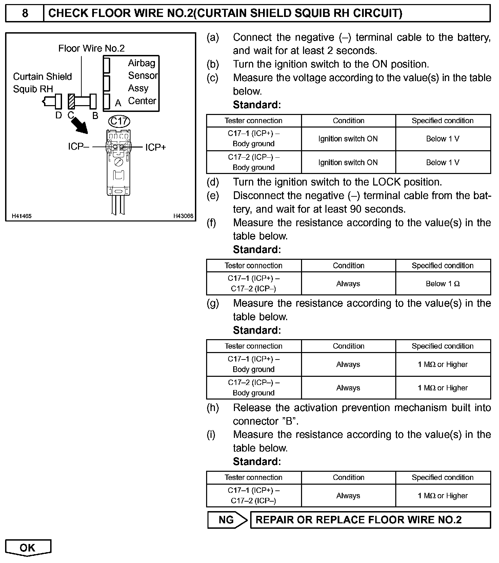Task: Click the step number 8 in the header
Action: [25, 13]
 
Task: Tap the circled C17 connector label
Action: [119, 121]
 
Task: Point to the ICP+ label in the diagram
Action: [156, 147]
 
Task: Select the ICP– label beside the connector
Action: [78, 147]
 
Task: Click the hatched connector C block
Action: [71, 101]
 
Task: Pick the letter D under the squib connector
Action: [58, 115]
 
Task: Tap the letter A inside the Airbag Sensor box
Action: [118, 103]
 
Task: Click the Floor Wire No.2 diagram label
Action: [92, 48]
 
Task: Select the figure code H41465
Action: [22, 216]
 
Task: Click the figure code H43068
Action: [183, 216]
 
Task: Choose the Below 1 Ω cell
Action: [443, 284]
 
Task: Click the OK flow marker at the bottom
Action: [28, 548]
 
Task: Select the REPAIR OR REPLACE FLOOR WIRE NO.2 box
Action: [370, 520]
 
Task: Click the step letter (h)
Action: [213, 408]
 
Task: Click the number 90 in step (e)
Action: [356, 209]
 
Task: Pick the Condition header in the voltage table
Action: [348, 121]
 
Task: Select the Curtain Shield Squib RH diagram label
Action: [42, 82]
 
